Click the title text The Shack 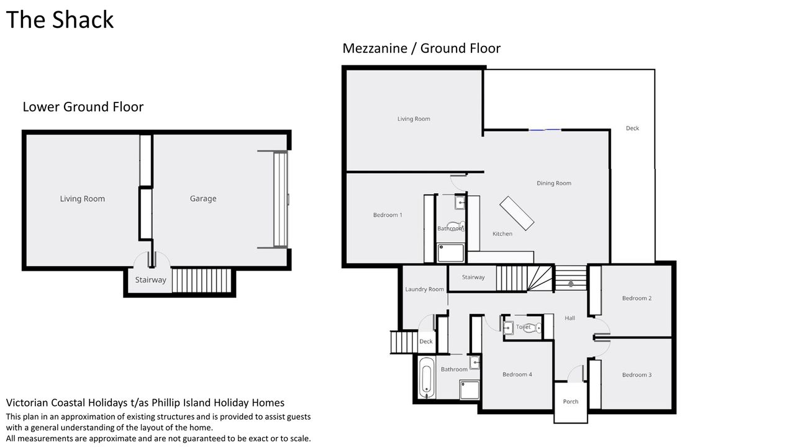[60, 19]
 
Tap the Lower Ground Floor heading [83, 107]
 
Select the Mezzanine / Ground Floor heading [421, 48]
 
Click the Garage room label [203, 199]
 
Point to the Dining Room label [553, 183]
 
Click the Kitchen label [502, 234]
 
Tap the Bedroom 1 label [388, 215]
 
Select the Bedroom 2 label [637, 299]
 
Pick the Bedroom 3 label [637, 375]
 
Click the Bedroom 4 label [517, 374]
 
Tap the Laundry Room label [424, 289]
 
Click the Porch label [571, 402]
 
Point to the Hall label [570, 318]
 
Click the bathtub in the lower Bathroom [427, 378]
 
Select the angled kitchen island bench [517, 213]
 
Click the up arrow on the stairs [571, 283]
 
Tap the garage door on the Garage [280, 199]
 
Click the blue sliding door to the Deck [545, 130]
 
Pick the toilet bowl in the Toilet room [534, 327]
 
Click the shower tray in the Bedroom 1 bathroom [451, 253]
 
